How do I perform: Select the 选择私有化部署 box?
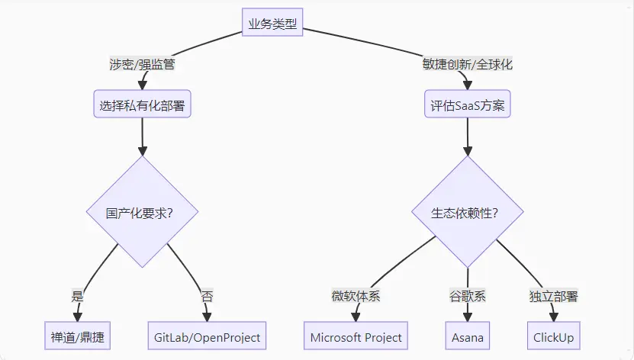click(x=142, y=105)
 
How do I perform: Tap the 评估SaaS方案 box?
click(x=467, y=105)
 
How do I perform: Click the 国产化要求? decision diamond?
click(x=143, y=211)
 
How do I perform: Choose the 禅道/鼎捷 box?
click(x=77, y=336)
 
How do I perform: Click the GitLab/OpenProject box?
click(x=207, y=336)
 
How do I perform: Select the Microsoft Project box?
click(x=356, y=336)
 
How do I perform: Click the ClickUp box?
click(x=553, y=336)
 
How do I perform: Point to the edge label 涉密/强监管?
click(x=142, y=64)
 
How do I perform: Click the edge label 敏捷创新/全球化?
click(x=467, y=64)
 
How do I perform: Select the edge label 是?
click(x=77, y=295)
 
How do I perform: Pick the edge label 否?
click(x=207, y=295)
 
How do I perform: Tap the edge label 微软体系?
click(x=356, y=295)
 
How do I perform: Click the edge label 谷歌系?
click(x=467, y=295)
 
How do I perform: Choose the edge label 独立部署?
click(x=553, y=295)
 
